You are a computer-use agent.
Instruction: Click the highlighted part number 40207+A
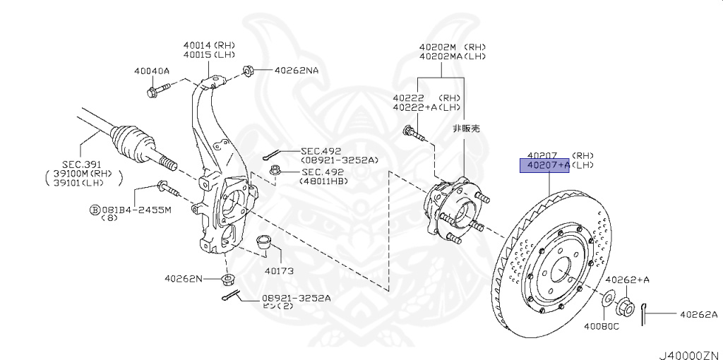click(544, 166)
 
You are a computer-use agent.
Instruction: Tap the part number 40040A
click(152, 71)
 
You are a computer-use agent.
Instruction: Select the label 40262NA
click(297, 71)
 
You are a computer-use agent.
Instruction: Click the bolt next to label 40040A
click(160, 90)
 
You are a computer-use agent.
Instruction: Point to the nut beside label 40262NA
click(249, 71)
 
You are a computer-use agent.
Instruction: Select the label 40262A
click(698, 315)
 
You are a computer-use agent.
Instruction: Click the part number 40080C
click(601, 326)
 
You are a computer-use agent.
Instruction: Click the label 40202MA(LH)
click(452, 56)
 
